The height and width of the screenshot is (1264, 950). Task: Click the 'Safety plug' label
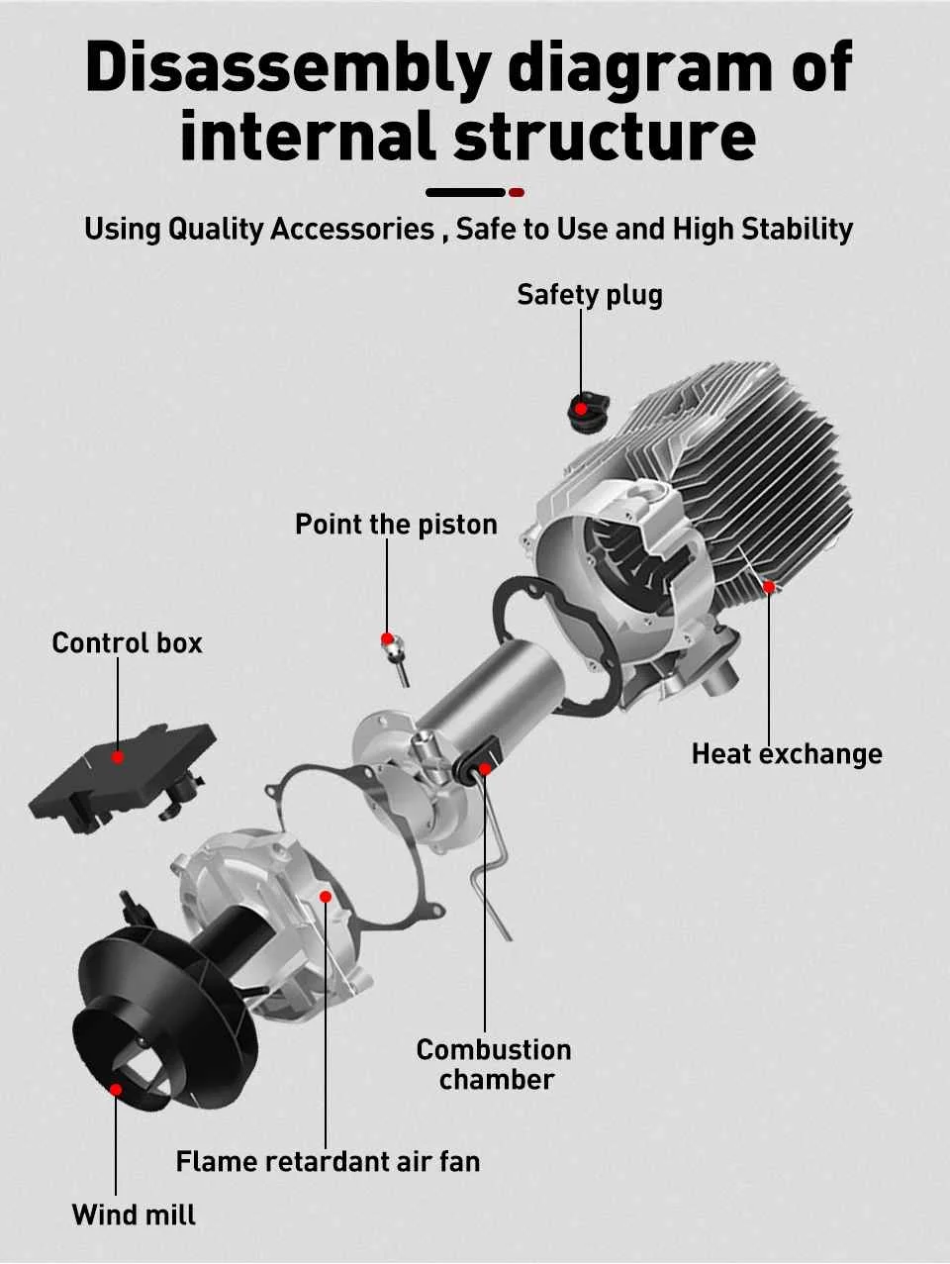(x=590, y=294)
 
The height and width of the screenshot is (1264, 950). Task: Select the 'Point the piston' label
(x=396, y=524)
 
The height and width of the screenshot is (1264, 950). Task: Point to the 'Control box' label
(x=127, y=643)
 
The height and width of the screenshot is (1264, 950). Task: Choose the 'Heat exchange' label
(x=787, y=754)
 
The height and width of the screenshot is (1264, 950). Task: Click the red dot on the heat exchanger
(x=769, y=586)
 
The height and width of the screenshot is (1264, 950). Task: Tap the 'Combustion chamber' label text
(x=494, y=1064)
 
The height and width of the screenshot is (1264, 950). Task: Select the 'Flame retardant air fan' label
(x=328, y=1161)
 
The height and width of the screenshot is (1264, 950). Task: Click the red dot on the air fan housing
(x=326, y=896)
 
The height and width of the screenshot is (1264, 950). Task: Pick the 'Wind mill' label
(x=134, y=1215)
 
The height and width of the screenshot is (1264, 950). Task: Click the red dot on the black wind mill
(x=116, y=1089)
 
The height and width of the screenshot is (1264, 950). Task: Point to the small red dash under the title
(x=516, y=192)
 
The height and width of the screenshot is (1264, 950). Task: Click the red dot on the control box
(x=118, y=757)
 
